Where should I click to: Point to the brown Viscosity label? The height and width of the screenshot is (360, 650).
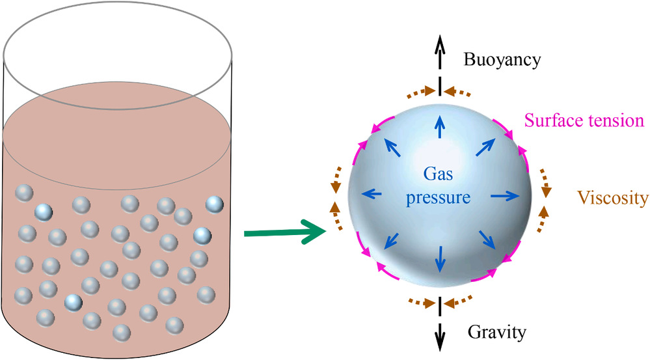pos(612,198)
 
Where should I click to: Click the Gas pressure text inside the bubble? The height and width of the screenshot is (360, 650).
pos(438,185)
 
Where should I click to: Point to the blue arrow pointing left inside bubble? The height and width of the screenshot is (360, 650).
pos(372,193)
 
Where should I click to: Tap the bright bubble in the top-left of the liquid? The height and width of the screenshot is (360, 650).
pos(44,212)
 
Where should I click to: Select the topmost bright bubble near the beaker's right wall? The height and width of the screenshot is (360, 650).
pos(214,204)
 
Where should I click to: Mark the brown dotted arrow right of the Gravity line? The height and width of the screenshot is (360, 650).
pos(462,301)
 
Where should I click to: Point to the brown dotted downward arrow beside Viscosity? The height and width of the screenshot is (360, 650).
pos(545,183)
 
